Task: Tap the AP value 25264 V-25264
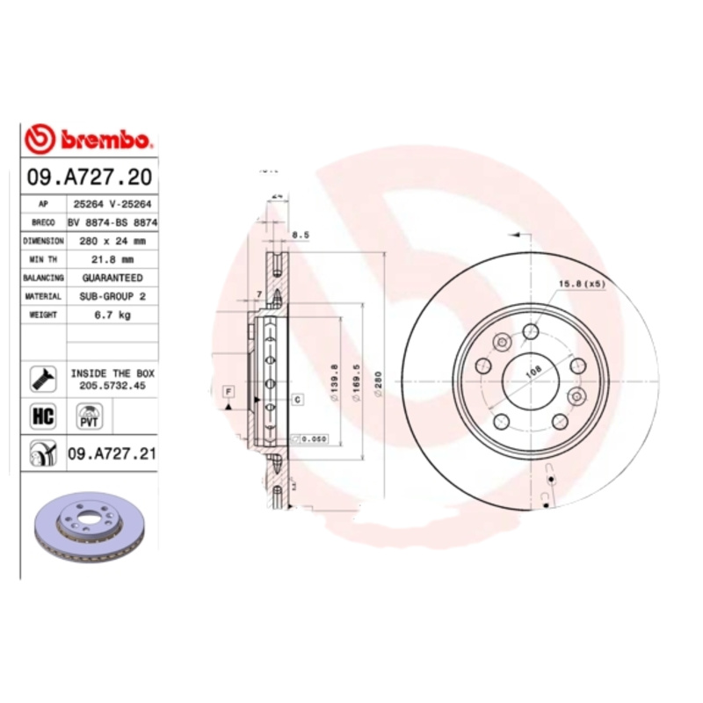click(112, 204)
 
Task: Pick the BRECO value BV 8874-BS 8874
click(112, 222)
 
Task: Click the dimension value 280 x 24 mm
click(112, 240)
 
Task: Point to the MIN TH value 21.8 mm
click(112, 259)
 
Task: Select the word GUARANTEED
click(112, 278)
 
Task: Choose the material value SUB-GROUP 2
click(112, 297)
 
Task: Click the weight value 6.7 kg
click(112, 315)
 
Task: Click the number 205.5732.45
click(112, 385)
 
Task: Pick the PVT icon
click(89, 416)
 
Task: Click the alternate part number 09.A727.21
click(112, 453)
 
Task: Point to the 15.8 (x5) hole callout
click(583, 284)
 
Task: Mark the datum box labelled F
click(228, 389)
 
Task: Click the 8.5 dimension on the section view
click(301, 235)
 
